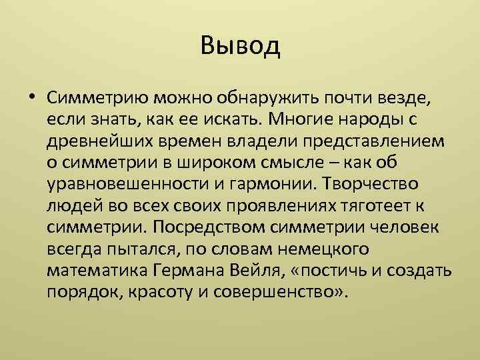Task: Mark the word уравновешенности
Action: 125,185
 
